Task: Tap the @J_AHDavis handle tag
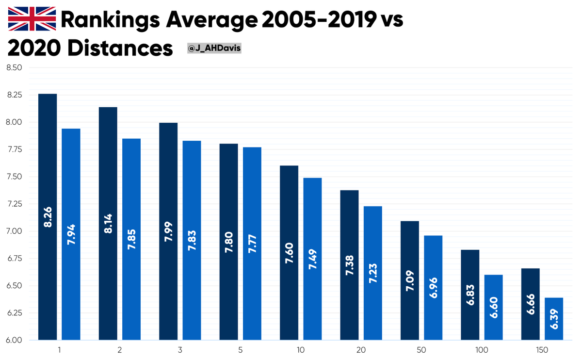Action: point(213,49)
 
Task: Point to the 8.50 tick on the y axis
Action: point(14,67)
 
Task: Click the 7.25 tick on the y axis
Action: point(14,204)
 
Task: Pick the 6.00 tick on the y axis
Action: point(14,340)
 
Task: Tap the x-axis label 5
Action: point(240,349)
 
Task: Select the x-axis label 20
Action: point(361,349)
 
